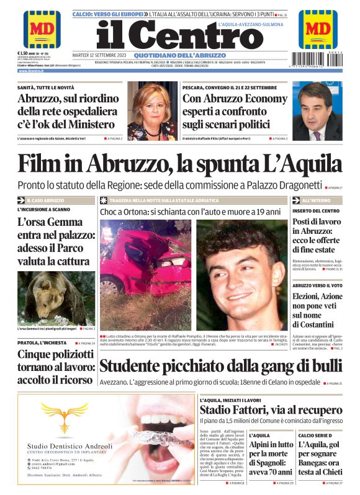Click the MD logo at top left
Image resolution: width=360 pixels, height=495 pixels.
(42, 29)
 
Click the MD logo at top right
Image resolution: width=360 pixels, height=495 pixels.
(318, 29)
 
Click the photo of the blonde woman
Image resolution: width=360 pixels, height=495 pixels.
(153, 112)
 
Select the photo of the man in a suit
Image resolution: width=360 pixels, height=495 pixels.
(317, 112)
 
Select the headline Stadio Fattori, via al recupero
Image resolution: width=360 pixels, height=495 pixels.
(271, 409)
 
